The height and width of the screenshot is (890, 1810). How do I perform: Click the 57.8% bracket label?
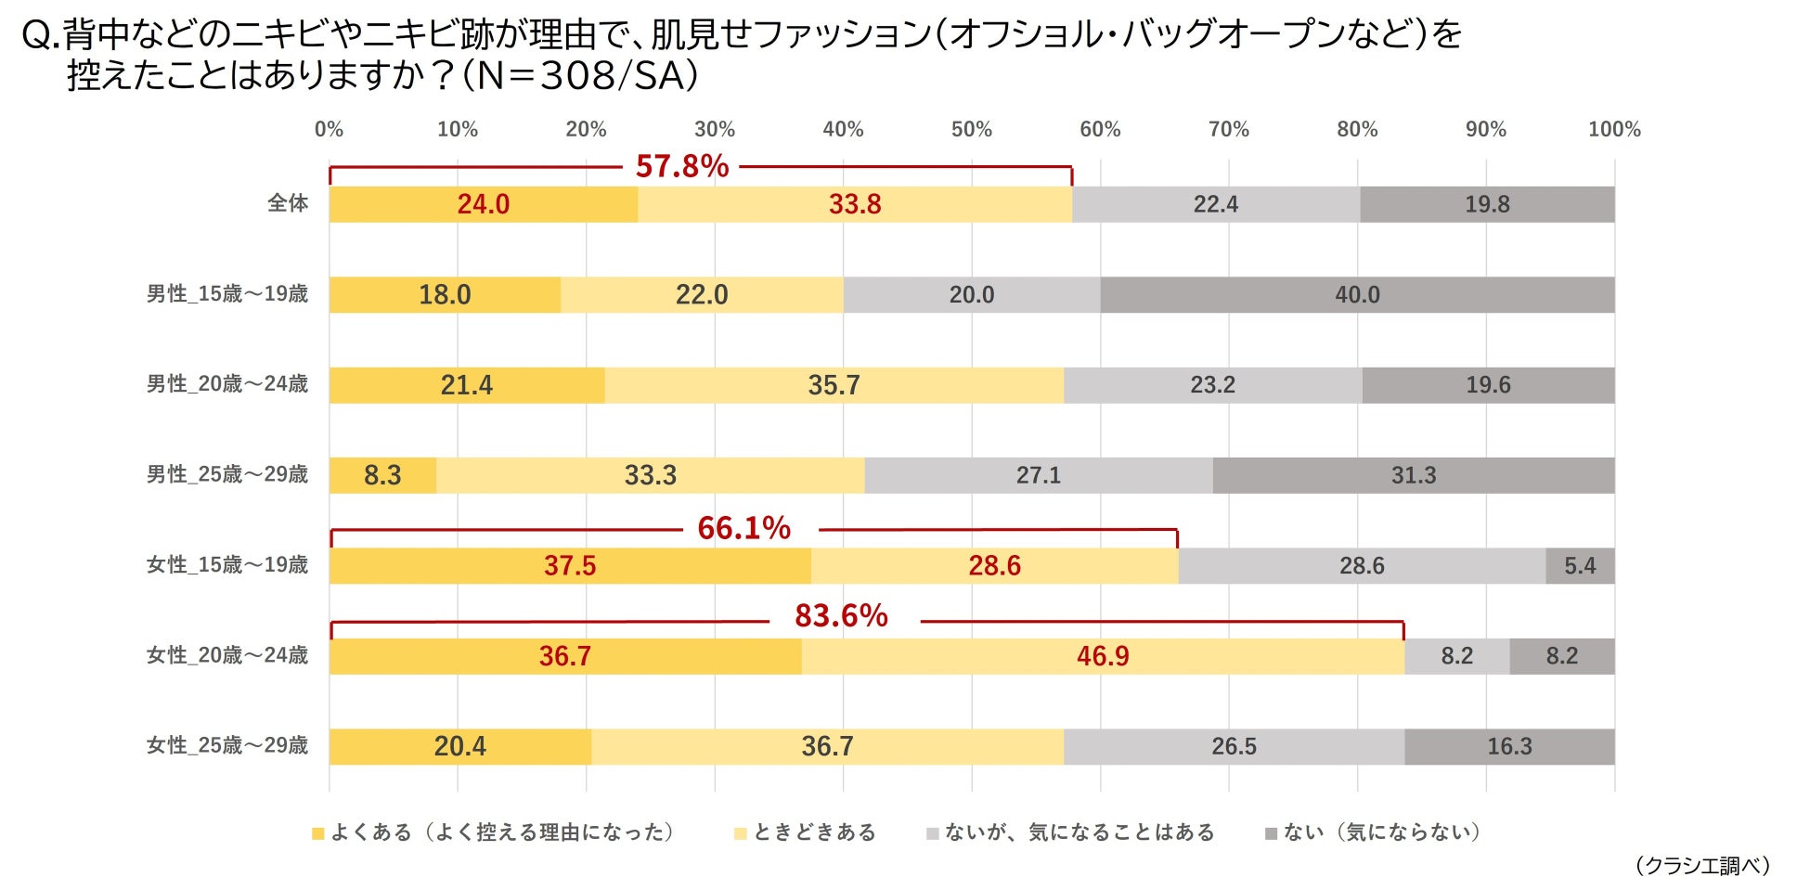click(x=681, y=167)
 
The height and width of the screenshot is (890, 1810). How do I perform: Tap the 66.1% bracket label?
click(x=743, y=529)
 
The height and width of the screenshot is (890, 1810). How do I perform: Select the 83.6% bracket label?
click(x=841, y=616)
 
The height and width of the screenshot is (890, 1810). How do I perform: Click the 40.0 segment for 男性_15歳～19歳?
click(x=1357, y=295)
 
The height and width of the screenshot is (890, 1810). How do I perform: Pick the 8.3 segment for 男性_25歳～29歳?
click(x=382, y=475)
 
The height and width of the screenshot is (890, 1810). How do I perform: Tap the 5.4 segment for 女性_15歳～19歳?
click(x=1580, y=566)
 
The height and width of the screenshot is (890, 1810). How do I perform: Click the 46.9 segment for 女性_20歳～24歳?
click(x=1103, y=656)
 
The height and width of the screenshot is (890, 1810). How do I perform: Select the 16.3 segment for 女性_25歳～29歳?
click(x=1509, y=747)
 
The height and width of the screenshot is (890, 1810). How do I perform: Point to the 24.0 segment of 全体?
click(x=483, y=204)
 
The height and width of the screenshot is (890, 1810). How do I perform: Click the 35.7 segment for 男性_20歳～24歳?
click(x=834, y=385)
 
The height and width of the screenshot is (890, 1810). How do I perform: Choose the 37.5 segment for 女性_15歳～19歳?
click(x=570, y=566)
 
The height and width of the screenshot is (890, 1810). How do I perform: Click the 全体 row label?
click(x=288, y=203)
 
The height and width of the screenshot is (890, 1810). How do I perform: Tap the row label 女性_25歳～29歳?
click(x=227, y=745)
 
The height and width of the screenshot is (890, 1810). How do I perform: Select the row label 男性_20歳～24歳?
click(x=227, y=383)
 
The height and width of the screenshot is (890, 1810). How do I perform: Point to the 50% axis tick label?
click(x=971, y=130)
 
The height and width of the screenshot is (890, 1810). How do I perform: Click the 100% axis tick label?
click(x=1613, y=130)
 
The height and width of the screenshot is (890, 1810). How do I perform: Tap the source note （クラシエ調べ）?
click(x=1702, y=866)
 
